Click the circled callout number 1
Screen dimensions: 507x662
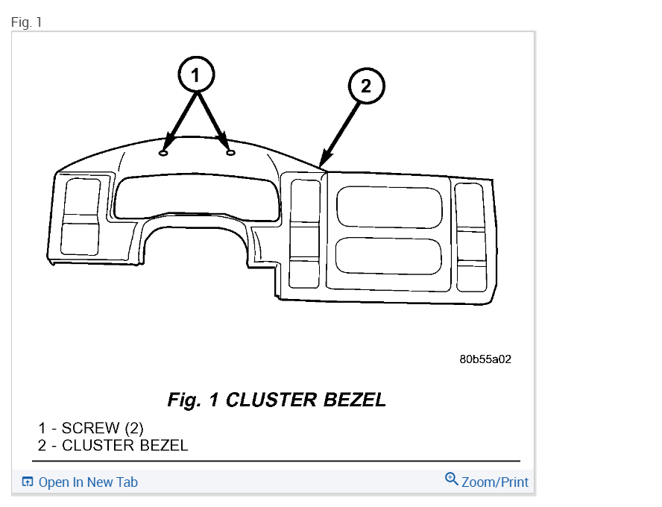pyautogui.click(x=196, y=75)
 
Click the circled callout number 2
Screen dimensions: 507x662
pyautogui.click(x=365, y=86)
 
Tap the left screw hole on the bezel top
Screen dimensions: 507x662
pyautogui.click(x=164, y=152)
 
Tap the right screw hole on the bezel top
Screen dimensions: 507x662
pyautogui.click(x=230, y=152)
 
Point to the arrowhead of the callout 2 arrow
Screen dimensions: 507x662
pyautogui.click(x=321, y=165)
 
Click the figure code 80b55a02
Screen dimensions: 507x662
pyautogui.click(x=485, y=359)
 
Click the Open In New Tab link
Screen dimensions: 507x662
pyautogui.click(x=88, y=482)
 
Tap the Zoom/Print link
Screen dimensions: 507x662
pyautogui.click(x=495, y=482)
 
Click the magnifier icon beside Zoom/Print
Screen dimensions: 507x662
pyautogui.click(x=451, y=479)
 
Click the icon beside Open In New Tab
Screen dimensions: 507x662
pyautogui.click(x=28, y=482)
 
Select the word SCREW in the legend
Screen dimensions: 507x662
pyautogui.click(x=90, y=428)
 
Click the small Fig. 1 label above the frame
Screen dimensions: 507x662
pyautogui.click(x=27, y=22)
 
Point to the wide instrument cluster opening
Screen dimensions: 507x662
pyautogui.click(x=195, y=195)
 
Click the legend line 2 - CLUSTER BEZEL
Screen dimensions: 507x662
pyautogui.click(x=113, y=446)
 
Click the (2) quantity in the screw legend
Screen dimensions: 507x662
pyautogui.click(x=133, y=428)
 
